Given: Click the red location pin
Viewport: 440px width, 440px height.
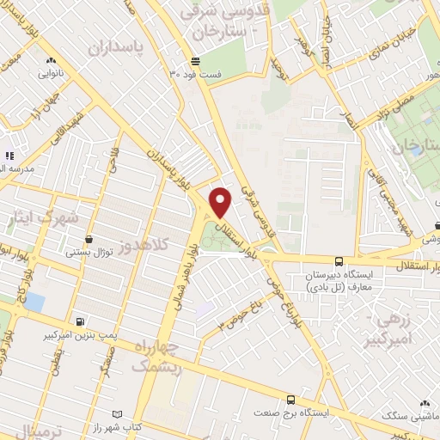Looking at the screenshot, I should coord(222,202).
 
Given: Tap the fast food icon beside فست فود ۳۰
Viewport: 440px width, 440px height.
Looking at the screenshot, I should coord(195,61).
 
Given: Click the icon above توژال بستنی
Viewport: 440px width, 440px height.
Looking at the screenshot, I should coord(89,239).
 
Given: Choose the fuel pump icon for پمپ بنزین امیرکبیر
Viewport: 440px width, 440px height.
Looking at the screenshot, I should coord(80,322).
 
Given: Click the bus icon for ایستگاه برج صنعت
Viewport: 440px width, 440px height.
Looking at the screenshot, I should coord(291,400).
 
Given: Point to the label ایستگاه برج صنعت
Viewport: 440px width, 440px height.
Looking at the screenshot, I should coord(291,413).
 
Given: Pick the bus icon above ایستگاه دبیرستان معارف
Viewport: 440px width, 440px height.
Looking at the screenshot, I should coord(339,261).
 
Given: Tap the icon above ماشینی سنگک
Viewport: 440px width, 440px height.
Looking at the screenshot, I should coord(425,402).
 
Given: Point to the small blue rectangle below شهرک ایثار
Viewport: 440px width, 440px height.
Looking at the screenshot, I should coord(35,302).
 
